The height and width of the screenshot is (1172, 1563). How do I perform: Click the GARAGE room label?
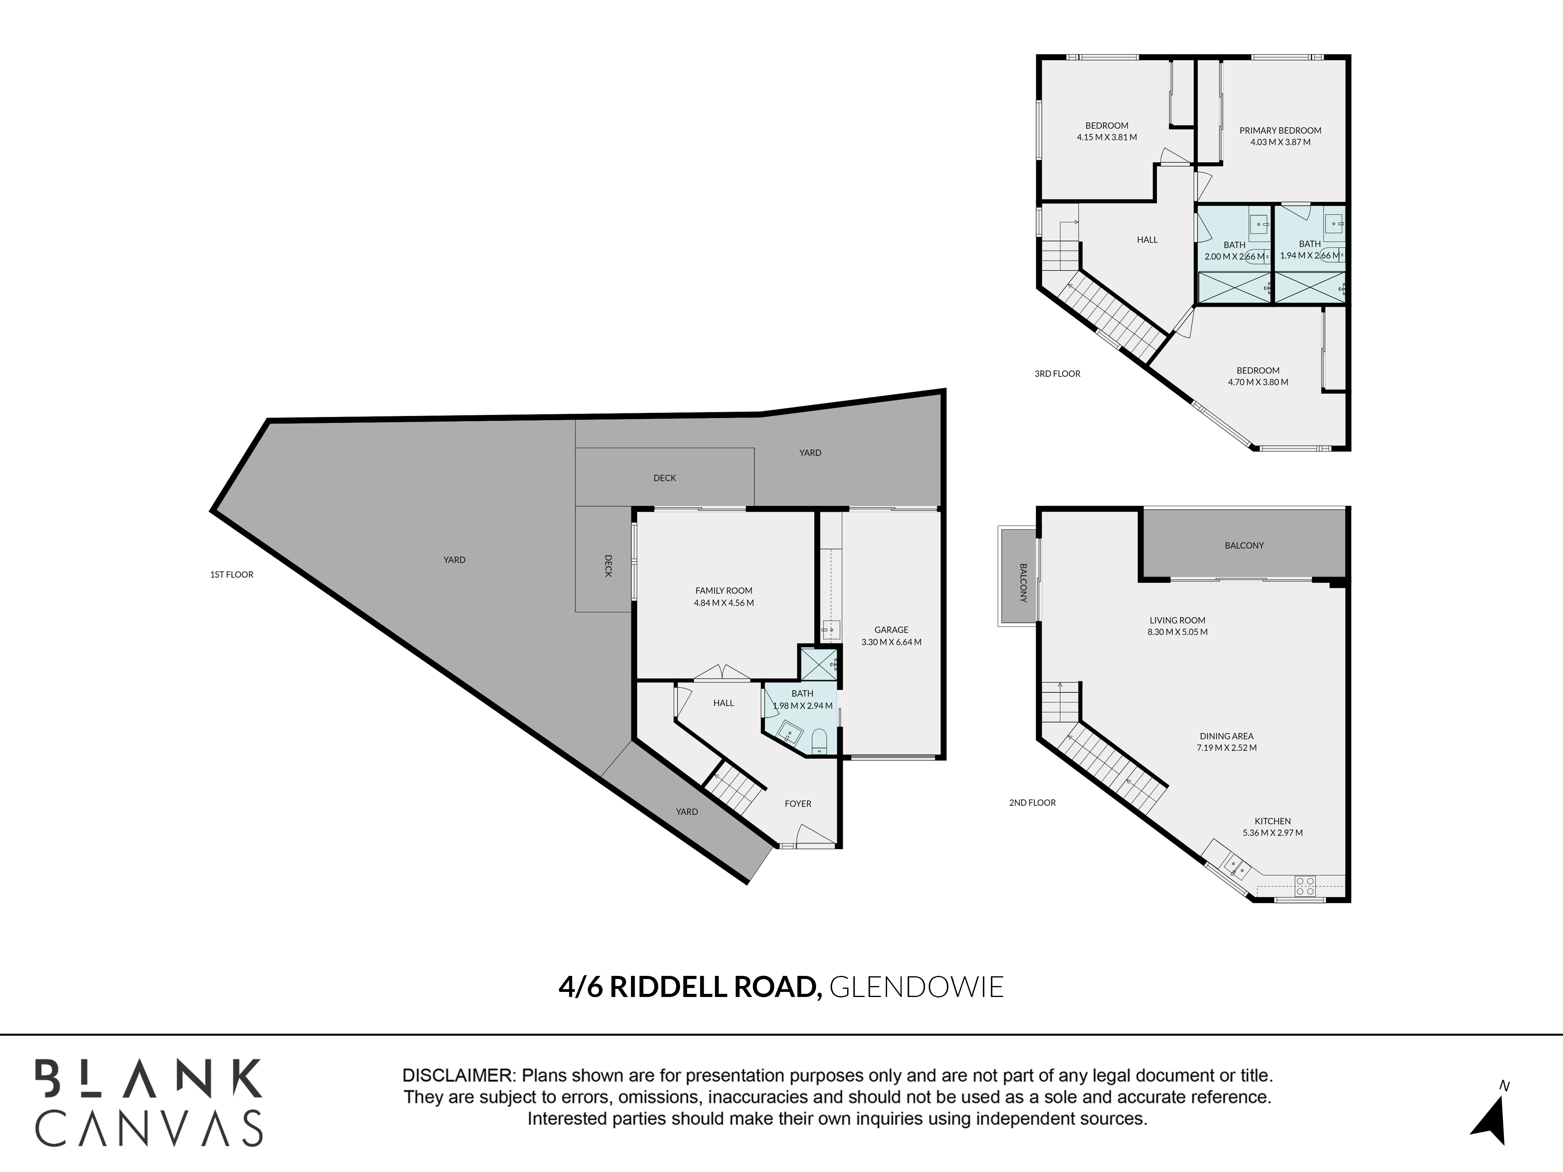[891, 629]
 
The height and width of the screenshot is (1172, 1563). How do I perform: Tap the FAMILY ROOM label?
[724, 591]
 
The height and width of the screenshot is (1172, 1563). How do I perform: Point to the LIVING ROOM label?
[1177, 620]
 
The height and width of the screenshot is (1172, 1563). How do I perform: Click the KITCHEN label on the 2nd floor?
[1273, 821]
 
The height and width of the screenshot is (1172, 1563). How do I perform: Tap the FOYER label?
[798, 803]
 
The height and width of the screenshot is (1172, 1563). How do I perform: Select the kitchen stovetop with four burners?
[1305, 886]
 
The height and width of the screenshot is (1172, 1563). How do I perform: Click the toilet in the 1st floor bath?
[819, 740]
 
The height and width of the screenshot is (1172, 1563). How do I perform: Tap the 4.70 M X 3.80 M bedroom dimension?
[1258, 382]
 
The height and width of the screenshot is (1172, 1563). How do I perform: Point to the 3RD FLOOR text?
[1057, 374]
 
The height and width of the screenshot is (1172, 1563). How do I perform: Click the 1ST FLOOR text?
[232, 574]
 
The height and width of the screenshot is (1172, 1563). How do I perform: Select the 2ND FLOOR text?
[1032, 802]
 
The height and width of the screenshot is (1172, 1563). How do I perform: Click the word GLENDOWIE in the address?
[916, 987]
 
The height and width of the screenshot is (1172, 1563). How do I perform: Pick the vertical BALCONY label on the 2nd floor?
[1023, 583]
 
